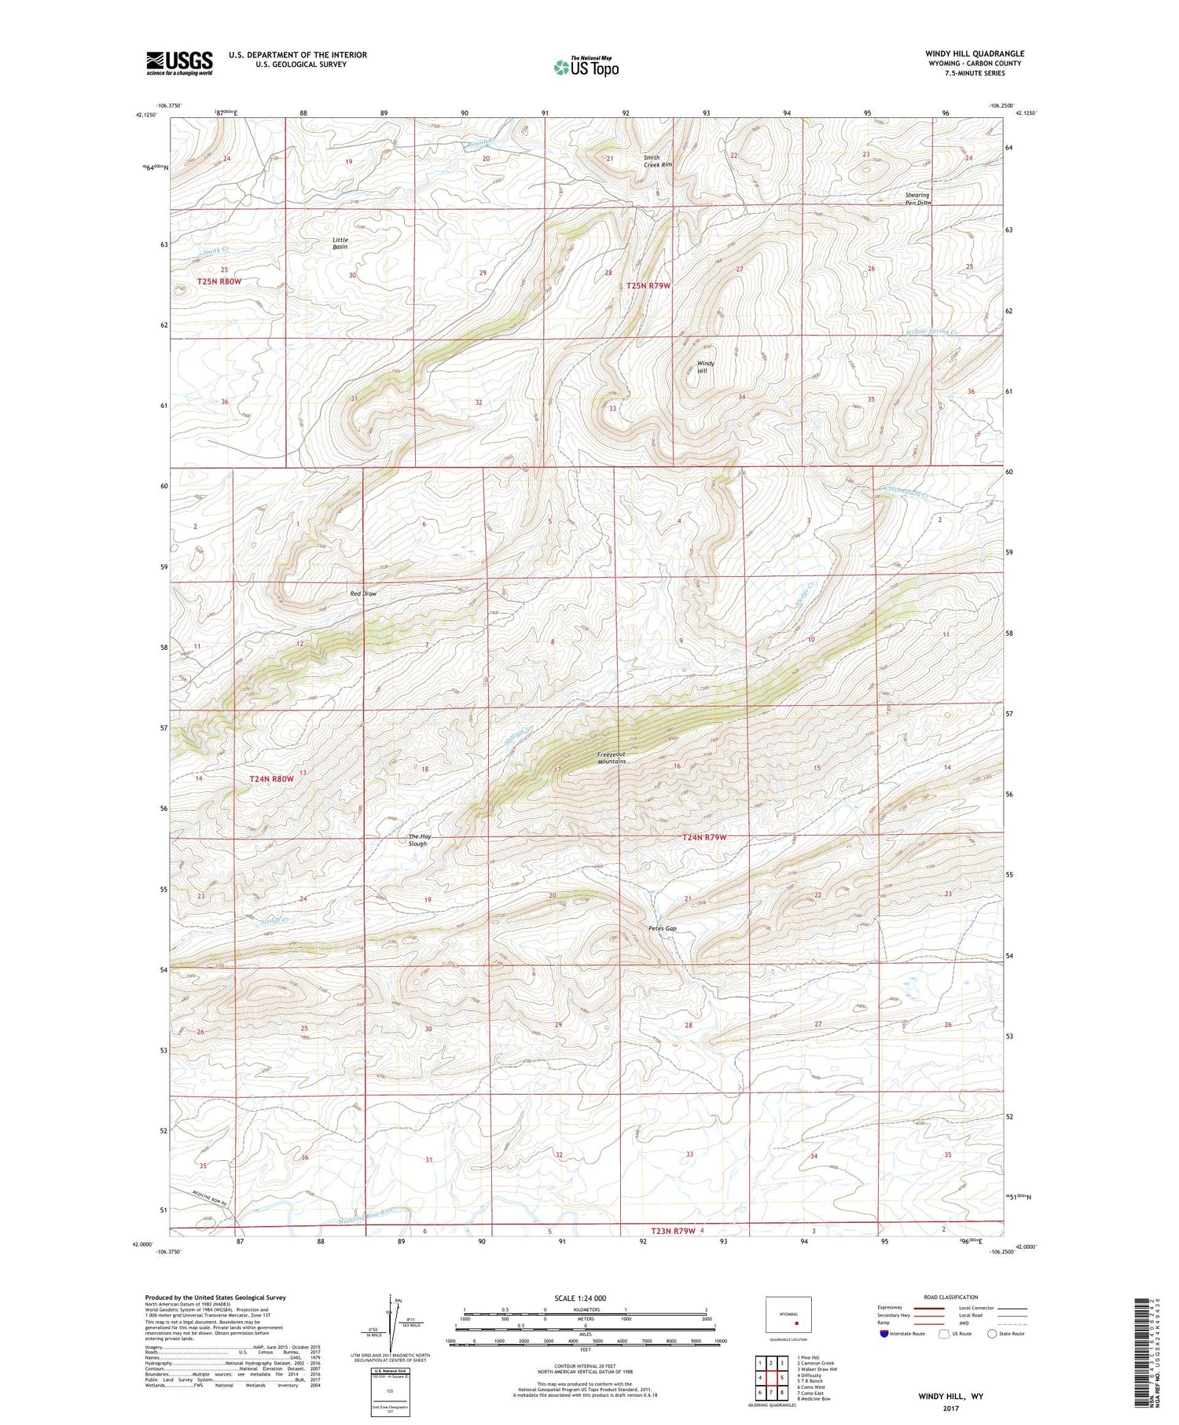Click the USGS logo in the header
179,63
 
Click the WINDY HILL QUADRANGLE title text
974,53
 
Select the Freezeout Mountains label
612,758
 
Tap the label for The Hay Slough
419,840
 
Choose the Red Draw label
363,593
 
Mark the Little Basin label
340,244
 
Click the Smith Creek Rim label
658,161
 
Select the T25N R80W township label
219,281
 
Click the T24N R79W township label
703,837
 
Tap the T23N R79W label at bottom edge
673,1231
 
